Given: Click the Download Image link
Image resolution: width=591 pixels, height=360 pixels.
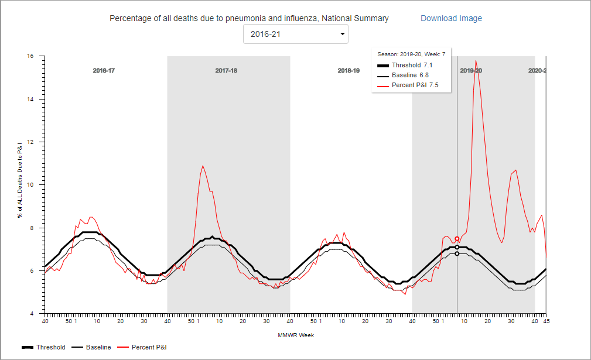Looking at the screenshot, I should [x=451, y=18].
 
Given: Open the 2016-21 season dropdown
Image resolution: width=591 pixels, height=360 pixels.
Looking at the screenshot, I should [x=296, y=34].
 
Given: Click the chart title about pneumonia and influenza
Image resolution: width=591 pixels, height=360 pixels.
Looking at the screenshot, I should [x=249, y=18].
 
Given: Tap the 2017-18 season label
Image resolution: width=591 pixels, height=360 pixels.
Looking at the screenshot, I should [x=226, y=70].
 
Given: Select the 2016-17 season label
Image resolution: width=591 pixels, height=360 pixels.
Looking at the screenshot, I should [x=104, y=70].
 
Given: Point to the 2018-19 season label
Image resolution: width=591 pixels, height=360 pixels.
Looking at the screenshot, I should [x=349, y=70].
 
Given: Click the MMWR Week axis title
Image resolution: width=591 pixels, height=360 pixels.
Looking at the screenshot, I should [x=296, y=335].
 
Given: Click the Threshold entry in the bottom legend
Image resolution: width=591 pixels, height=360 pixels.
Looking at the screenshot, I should [x=43, y=347].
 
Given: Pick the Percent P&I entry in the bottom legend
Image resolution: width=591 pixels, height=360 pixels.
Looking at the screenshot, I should [x=144, y=347].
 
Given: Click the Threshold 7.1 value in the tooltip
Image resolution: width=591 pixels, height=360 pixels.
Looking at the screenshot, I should [x=428, y=65].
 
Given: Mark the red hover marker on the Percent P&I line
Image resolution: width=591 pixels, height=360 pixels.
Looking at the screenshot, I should [x=457, y=239].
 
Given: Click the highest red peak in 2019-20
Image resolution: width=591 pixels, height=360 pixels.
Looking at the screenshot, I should [x=476, y=60].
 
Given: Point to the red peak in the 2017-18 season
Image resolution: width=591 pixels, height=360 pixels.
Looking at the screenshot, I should [x=203, y=166].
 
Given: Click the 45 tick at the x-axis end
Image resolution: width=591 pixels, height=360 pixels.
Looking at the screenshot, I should [x=546, y=321].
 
